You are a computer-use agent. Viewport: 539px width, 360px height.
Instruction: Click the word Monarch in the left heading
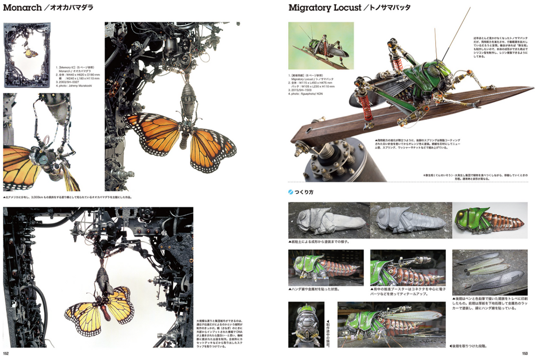point(22,8)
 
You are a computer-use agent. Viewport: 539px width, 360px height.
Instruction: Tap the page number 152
point(6,353)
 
